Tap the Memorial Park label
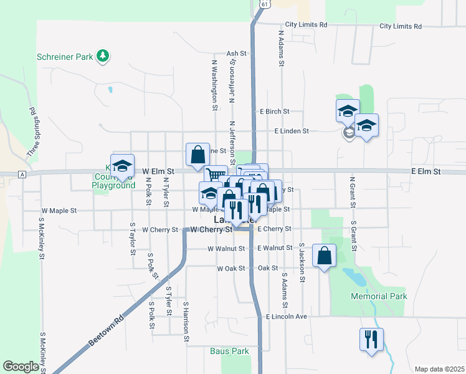tap(379, 296)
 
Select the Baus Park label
tap(229, 351)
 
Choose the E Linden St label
tap(292, 131)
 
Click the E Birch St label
tap(274, 111)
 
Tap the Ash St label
tap(237, 54)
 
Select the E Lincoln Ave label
tap(287, 317)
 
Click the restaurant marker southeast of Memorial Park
tap(372, 340)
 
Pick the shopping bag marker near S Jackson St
tap(325, 255)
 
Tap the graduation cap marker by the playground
tap(123, 166)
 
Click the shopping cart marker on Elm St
tap(216, 176)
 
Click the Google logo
tap(21, 367)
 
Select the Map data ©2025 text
tap(439, 369)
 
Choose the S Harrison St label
tap(186, 322)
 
